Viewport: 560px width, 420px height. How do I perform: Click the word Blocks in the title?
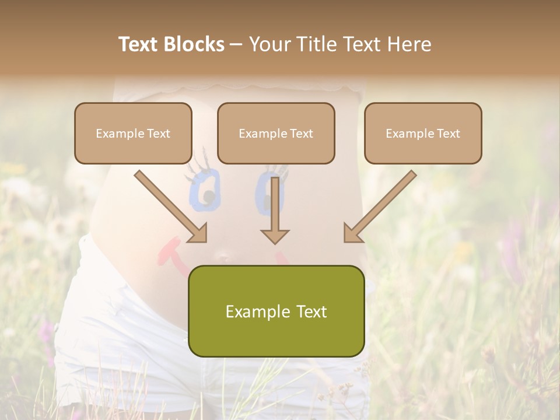194,44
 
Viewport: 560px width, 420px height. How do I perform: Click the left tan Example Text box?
133,133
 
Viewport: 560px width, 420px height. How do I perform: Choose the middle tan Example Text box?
276,133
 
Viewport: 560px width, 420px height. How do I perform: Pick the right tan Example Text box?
423,133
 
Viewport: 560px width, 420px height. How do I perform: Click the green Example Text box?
276,311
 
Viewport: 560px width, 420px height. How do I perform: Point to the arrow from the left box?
169,205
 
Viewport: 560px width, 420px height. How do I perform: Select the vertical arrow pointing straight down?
275,207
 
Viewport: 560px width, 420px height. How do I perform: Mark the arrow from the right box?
381,205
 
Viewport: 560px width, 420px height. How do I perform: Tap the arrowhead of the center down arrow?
275,236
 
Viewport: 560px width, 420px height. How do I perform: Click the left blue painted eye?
204,190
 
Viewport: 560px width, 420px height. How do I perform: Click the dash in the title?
236,44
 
